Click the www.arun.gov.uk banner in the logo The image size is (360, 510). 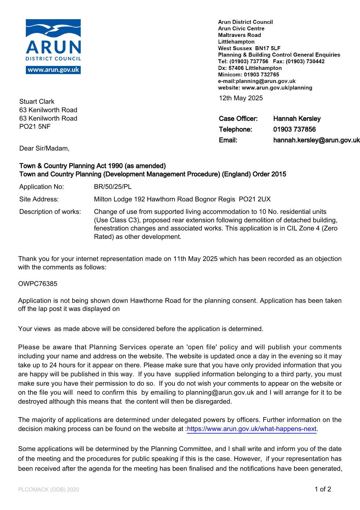(53, 70)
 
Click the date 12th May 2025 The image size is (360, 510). (241, 98)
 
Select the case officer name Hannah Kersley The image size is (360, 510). (297, 119)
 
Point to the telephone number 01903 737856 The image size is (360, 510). (294, 129)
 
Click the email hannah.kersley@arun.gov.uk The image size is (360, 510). (316, 140)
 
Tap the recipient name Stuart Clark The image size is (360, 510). (37, 101)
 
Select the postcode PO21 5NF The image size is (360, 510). (35, 126)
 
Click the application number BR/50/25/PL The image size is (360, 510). (113, 187)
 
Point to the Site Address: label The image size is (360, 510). (39, 199)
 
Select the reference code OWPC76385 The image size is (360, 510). (38, 284)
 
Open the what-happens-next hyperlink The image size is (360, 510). (251, 429)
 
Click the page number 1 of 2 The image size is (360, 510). (323, 489)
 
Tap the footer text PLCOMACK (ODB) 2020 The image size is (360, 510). (48, 490)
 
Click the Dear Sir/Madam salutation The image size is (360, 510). (44, 148)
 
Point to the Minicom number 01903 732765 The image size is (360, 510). (261, 75)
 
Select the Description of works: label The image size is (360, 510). (50, 212)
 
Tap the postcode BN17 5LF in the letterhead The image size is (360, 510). (268, 48)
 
